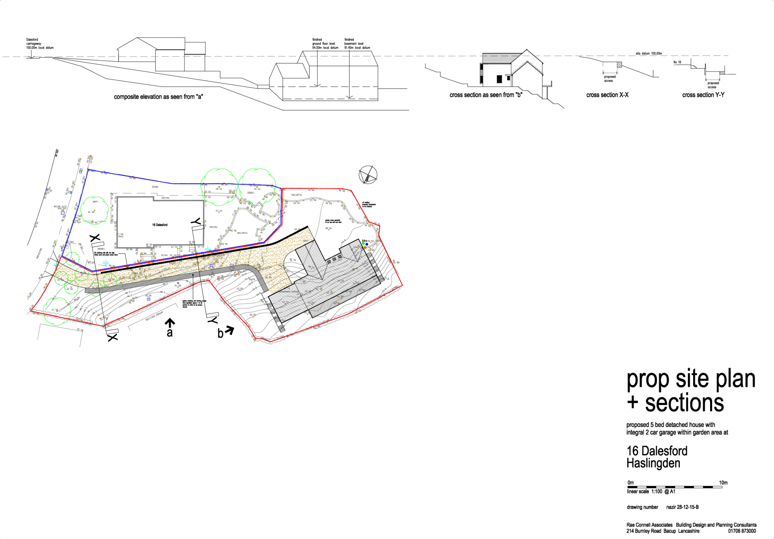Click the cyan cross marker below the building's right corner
[x=207, y=249]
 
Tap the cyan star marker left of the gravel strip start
[x=105, y=263]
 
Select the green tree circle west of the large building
[x=94, y=211]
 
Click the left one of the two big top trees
[x=219, y=187]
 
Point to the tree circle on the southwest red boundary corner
[x=57, y=311]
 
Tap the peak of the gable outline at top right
[x=528, y=61]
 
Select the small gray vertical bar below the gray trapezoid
[x=481, y=73]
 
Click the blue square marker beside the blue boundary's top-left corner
[x=81, y=171]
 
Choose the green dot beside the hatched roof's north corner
[x=363, y=244]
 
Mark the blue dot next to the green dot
[x=367, y=244]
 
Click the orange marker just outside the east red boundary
[x=394, y=261]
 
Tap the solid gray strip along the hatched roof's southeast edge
[x=344, y=297]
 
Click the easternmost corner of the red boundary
[x=402, y=286]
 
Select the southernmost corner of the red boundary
[x=270, y=342]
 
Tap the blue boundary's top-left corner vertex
[x=88, y=169]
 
